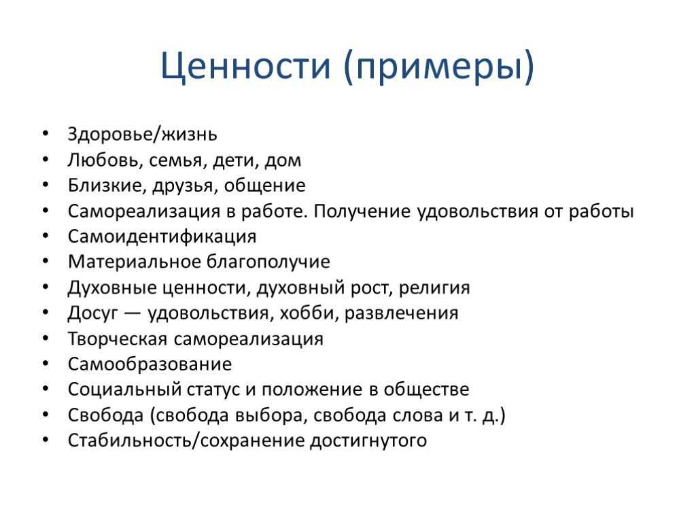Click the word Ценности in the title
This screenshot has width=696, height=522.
pyautogui.click(x=245, y=66)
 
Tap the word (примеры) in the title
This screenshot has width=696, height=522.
pyautogui.click(x=438, y=67)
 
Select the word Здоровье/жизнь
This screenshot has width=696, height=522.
pyautogui.click(x=143, y=134)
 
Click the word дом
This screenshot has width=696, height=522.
pyautogui.click(x=283, y=160)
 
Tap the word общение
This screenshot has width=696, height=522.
pyautogui.click(x=264, y=186)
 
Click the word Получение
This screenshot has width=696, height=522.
pyautogui.click(x=362, y=211)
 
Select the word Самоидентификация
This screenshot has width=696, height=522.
pyautogui.click(x=162, y=237)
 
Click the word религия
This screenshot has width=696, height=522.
pyautogui.click(x=434, y=288)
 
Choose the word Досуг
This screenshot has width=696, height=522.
pyautogui.click(x=93, y=313)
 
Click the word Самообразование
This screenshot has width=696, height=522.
pyautogui.click(x=150, y=364)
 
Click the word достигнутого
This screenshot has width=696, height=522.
pyautogui.click(x=368, y=441)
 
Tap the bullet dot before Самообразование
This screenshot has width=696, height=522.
pyautogui.click(x=46, y=364)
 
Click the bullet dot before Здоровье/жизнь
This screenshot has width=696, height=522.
pyautogui.click(x=46, y=133)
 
